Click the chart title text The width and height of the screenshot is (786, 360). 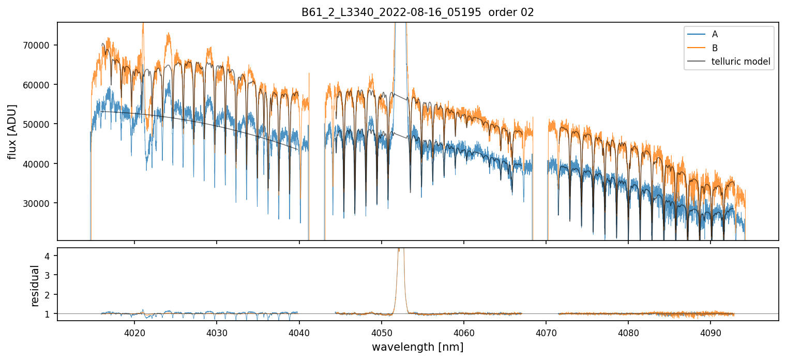pos(417,12)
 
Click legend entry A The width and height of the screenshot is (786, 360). pos(715,34)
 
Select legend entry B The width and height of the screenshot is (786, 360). pos(715,48)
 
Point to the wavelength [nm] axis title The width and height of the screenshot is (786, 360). pos(417,347)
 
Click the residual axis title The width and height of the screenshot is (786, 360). pos(35,285)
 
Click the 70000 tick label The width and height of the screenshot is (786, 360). pos(39,46)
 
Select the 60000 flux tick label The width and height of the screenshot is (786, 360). pos(39,85)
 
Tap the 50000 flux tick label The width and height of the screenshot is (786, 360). pos(39,124)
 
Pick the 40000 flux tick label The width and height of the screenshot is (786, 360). pos(39,164)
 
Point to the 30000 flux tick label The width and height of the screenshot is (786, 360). pos(39,203)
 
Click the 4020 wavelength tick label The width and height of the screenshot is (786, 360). pos(134,331)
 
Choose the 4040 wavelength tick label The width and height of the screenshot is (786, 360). pos(299,331)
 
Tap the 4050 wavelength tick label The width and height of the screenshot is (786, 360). pos(381,331)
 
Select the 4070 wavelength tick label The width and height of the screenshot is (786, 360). pos(546,331)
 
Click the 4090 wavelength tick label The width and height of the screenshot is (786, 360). pos(710,331)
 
